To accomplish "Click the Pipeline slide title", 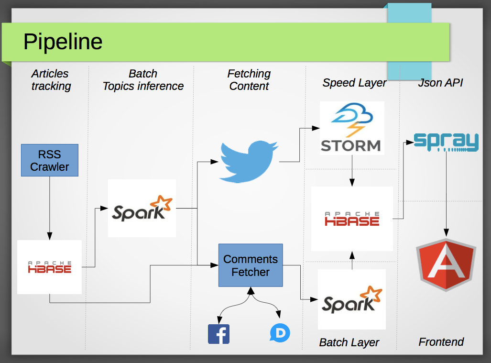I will (x=63, y=42).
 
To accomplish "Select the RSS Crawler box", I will (x=50, y=160).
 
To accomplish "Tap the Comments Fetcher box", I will (x=251, y=265).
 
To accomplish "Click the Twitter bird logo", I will (x=249, y=162).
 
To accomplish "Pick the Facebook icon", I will (x=218, y=334).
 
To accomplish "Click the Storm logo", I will (x=351, y=128).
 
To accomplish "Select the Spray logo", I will (x=446, y=142).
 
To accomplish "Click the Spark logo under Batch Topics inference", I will (x=142, y=208).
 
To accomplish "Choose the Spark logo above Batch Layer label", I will (x=352, y=299).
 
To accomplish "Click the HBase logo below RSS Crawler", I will (x=50, y=267).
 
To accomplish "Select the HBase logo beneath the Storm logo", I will (x=352, y=219).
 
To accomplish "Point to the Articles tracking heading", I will (x=51, y=80).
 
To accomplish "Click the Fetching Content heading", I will (x=249, y=80).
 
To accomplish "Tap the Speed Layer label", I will (x=354, y=83).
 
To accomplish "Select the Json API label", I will (x=440, y=83).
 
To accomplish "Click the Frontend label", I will (x=441, y=342).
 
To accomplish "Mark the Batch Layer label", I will (x=349, y=342).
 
